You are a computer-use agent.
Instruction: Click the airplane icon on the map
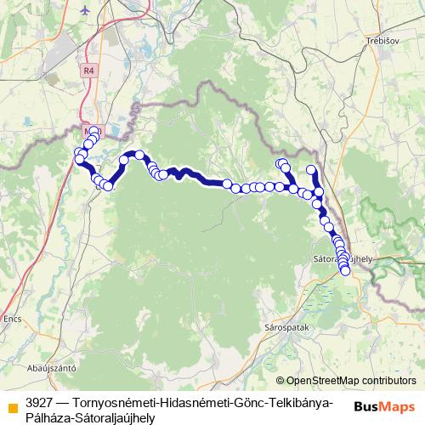click(85, 10)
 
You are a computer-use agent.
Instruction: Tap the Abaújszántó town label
click(53, 368)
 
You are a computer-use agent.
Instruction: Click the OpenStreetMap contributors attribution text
click(351, 381)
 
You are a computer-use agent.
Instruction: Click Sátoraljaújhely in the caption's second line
click(114, 416)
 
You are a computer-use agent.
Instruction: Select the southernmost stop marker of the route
click(345, 270)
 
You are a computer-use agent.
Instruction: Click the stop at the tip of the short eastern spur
click(311, 170)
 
